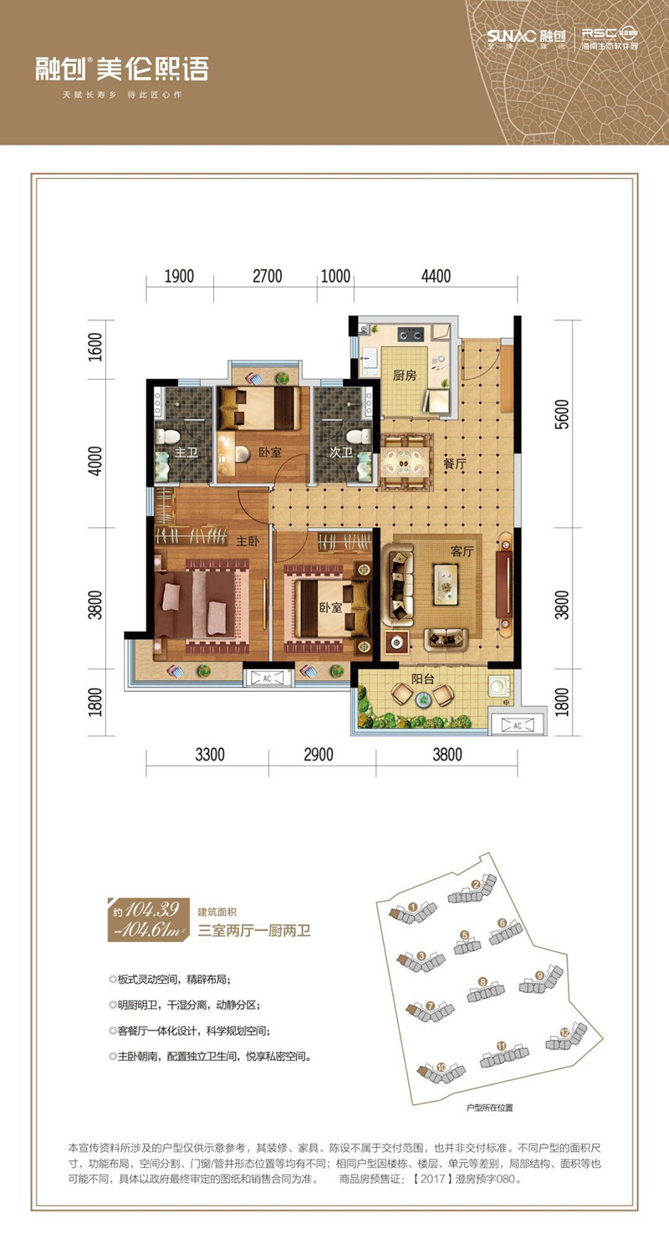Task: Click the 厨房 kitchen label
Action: pos(405,376)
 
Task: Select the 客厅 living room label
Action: pos(462,552)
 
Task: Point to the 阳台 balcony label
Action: pos(421,678)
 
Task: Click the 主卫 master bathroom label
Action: pos(185,453)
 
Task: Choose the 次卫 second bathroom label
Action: pos(340,453)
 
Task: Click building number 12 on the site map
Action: pos(565,1033)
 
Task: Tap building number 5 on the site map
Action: pos(463,935)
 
